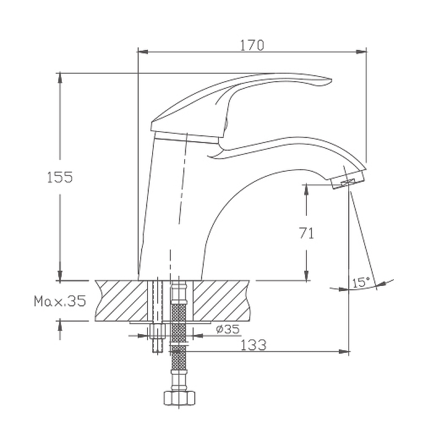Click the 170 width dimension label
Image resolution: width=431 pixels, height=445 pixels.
(252, 46)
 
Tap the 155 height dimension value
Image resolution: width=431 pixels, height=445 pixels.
(60, 177)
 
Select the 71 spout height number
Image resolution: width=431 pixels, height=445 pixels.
(307, 233)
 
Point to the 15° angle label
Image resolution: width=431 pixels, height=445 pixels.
(361, 282)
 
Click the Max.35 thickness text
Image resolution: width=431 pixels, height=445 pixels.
(60, 301)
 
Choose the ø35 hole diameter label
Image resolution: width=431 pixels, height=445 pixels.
(228, 329)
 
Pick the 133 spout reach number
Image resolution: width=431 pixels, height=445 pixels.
(253, 345)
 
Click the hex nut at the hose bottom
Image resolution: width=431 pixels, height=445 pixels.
(179, 398)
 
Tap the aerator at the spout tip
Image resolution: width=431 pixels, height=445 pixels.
(349, 180)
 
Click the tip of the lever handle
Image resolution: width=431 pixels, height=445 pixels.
(331, 80)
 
